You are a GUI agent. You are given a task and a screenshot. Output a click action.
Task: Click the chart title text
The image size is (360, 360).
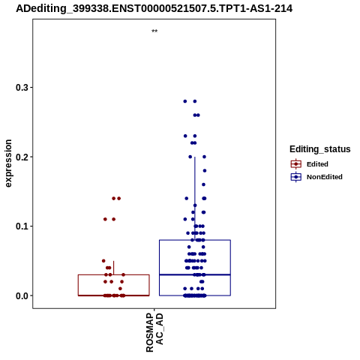(154, 8)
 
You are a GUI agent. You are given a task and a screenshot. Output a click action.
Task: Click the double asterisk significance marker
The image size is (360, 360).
(154, 31)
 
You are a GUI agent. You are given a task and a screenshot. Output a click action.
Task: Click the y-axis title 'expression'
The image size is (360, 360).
(8, 163)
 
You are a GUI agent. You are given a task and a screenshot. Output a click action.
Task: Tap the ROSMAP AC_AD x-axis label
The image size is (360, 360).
(154, 332)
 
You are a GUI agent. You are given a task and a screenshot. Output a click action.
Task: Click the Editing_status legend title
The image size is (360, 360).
(320, 149)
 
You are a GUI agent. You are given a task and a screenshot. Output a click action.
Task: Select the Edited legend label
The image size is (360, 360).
(317, 164)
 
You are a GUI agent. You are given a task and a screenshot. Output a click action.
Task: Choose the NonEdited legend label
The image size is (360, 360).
(325, 177)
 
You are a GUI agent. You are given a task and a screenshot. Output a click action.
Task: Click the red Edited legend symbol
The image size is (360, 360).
(296, 164)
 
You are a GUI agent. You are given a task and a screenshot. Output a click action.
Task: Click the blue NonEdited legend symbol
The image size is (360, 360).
(296, 177)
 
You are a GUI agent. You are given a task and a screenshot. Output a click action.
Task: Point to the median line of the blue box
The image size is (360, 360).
(195, 274)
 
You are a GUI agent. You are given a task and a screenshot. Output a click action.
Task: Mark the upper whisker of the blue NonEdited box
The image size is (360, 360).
(195, 199)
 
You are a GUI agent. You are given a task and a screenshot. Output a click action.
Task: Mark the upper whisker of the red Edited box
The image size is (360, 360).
(114, 268)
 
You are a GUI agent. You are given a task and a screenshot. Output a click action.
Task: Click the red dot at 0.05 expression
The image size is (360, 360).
(103, 261)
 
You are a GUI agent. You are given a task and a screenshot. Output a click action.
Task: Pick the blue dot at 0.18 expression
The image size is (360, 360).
(205, 171)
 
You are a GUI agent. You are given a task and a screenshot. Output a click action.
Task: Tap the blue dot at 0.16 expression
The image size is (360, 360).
(203, 184)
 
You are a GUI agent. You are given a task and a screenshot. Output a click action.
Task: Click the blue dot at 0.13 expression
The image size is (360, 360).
(195, 205)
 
